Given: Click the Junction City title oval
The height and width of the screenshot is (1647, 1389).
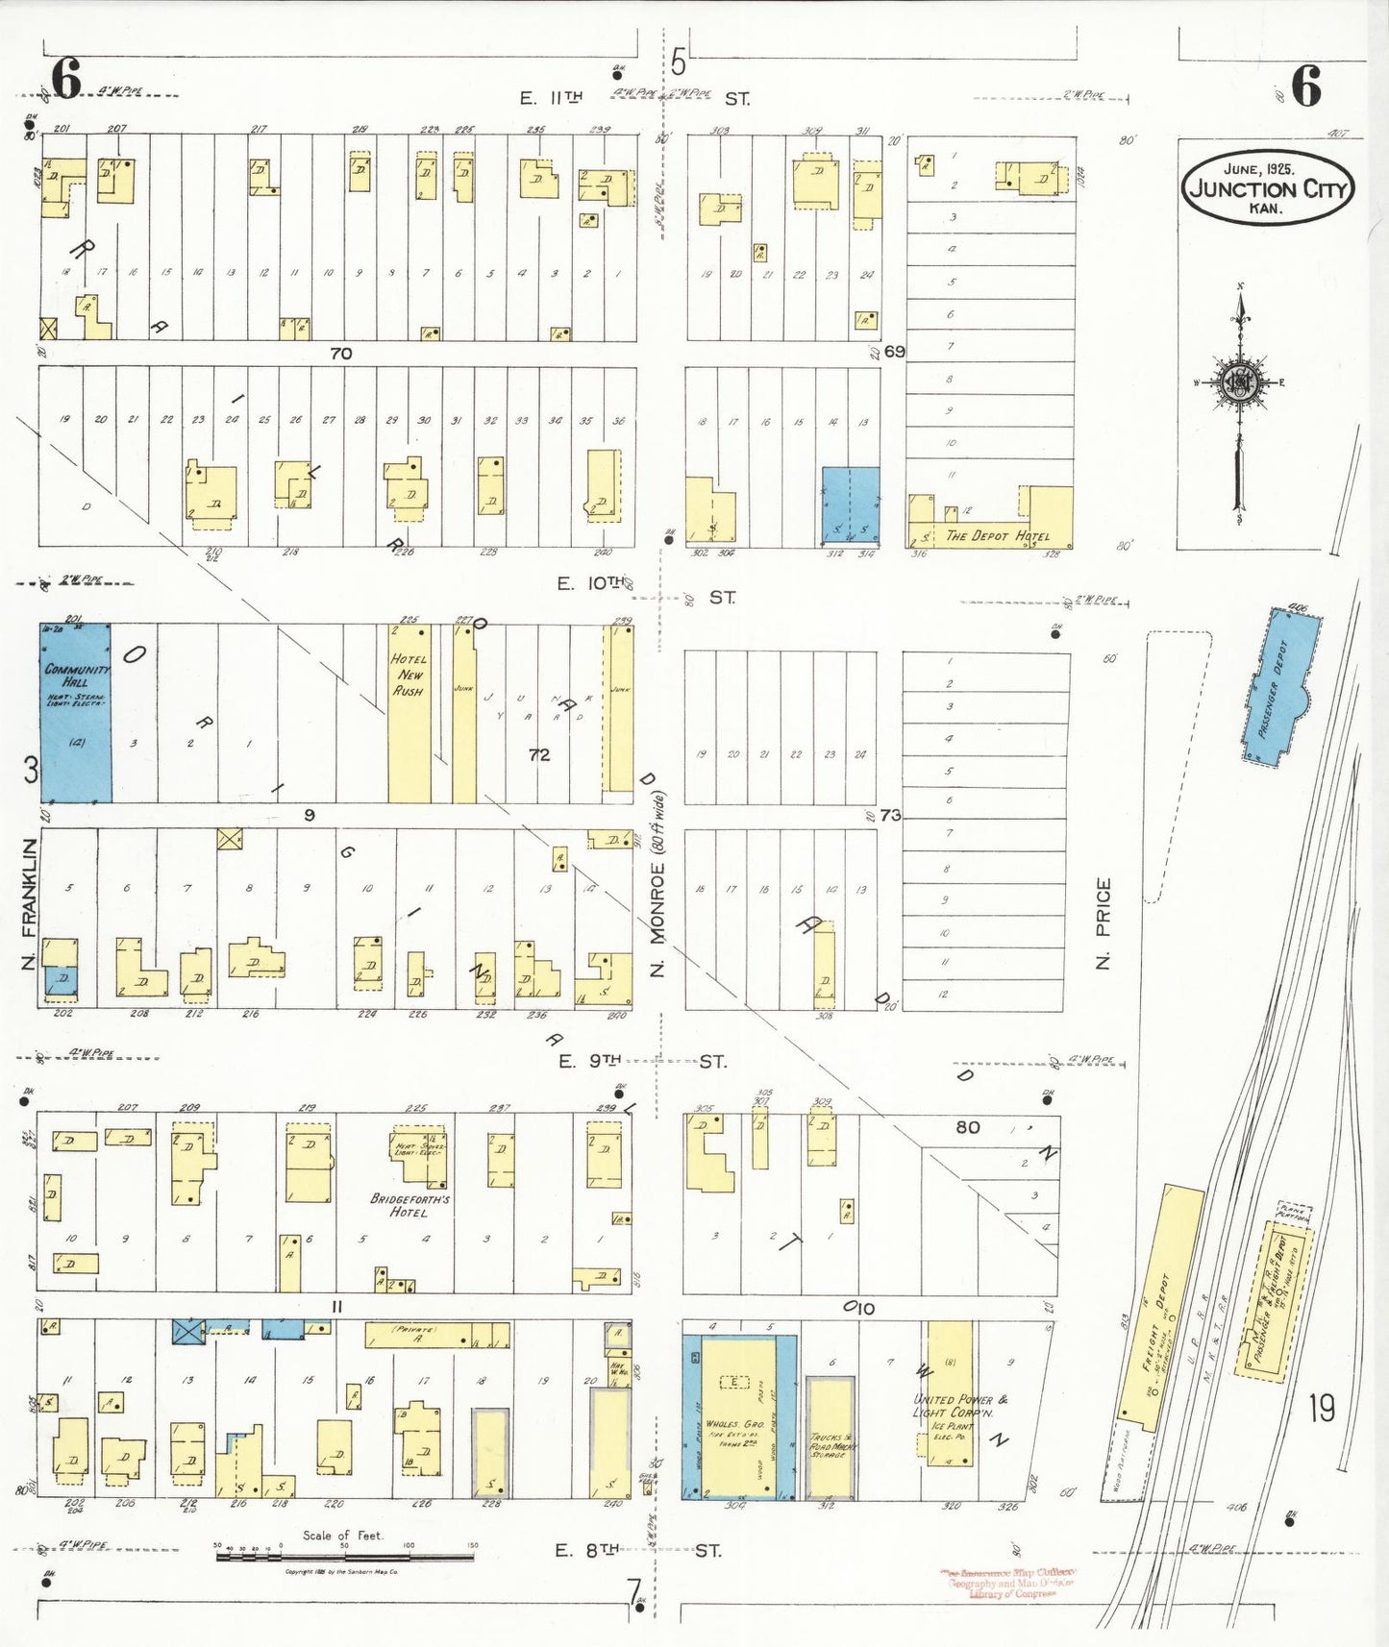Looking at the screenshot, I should coord(1268,188).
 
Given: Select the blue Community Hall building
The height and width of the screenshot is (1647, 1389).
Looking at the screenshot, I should coord(75,713).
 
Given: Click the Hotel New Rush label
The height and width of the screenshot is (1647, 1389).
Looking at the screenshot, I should coord(409,675).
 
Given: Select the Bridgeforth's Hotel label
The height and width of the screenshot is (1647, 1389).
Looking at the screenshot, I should coord(409,1206).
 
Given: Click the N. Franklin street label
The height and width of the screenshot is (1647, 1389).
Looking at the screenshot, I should coord(29,902).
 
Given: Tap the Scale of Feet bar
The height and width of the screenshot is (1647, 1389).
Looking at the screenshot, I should coord(344,1556).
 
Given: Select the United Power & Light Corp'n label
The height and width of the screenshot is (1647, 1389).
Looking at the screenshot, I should coord(955,1405).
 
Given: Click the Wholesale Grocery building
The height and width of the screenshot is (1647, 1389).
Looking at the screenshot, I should coord(738,1417).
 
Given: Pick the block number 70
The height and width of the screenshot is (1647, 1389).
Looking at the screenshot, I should coord(340,354).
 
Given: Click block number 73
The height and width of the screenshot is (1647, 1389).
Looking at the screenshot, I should coord(890,815).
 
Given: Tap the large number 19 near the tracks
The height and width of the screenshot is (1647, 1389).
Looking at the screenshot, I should coord(1321,1409).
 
